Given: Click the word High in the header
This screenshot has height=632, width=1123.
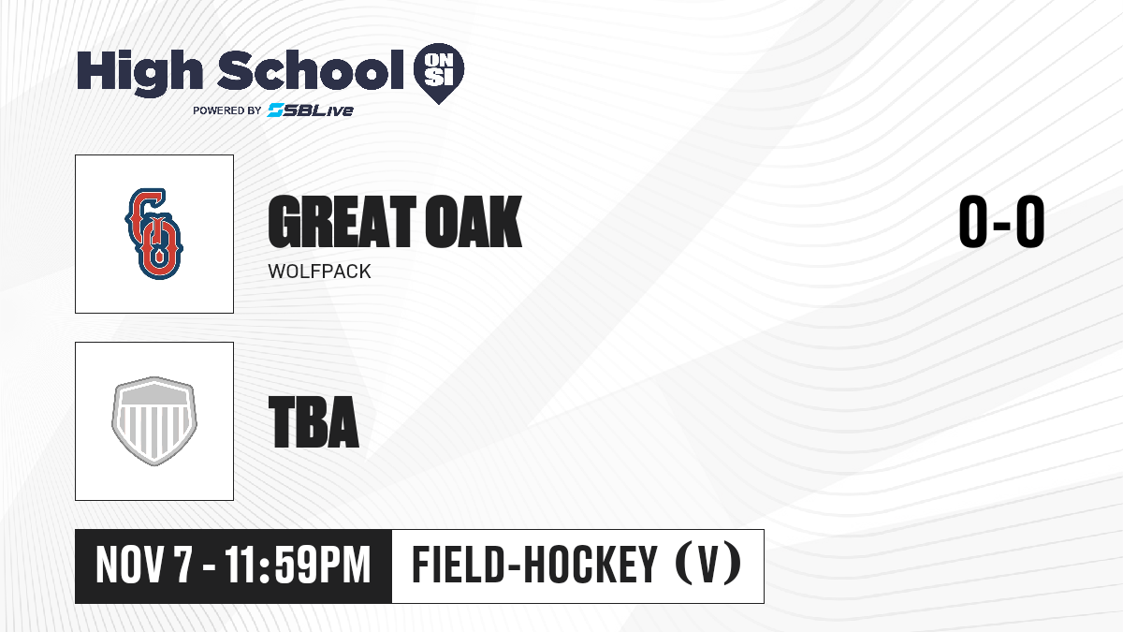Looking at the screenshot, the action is tap(139, 72).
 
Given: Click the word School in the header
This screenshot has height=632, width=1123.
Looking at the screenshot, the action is tap(311, 69).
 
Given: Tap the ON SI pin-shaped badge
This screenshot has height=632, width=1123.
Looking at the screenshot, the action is tap(439, 73).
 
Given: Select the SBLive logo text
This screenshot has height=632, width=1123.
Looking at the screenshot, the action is tap(311, 110).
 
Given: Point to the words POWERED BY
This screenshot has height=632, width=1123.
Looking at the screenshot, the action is tap(227, 110).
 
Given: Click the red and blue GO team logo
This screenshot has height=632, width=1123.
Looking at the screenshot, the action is tap(153, 234).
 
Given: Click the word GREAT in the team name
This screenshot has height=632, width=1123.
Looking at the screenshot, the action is tap(342, 222).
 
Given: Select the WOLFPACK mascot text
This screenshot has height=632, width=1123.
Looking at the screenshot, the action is tap(319, 272).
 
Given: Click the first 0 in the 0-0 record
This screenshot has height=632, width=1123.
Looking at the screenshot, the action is tap(973, 221).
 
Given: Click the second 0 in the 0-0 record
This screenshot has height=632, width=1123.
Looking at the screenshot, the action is tap(1030, 221).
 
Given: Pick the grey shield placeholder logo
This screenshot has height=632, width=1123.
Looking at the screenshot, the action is tap(154, 420).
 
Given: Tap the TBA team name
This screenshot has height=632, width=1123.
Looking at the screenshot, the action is tap(314, 422).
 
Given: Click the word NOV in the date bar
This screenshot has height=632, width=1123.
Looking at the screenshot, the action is tap(130, 566).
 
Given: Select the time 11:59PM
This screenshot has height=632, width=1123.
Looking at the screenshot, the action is tap(298, 566).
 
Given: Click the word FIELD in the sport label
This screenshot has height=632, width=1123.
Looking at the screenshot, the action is tap(458, 565).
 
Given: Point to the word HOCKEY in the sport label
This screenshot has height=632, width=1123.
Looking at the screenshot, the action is tap(591, 565).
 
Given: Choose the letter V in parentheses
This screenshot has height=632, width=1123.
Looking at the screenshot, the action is tap(707, 565).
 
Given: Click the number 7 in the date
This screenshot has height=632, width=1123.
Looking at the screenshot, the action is tap(182, 566).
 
